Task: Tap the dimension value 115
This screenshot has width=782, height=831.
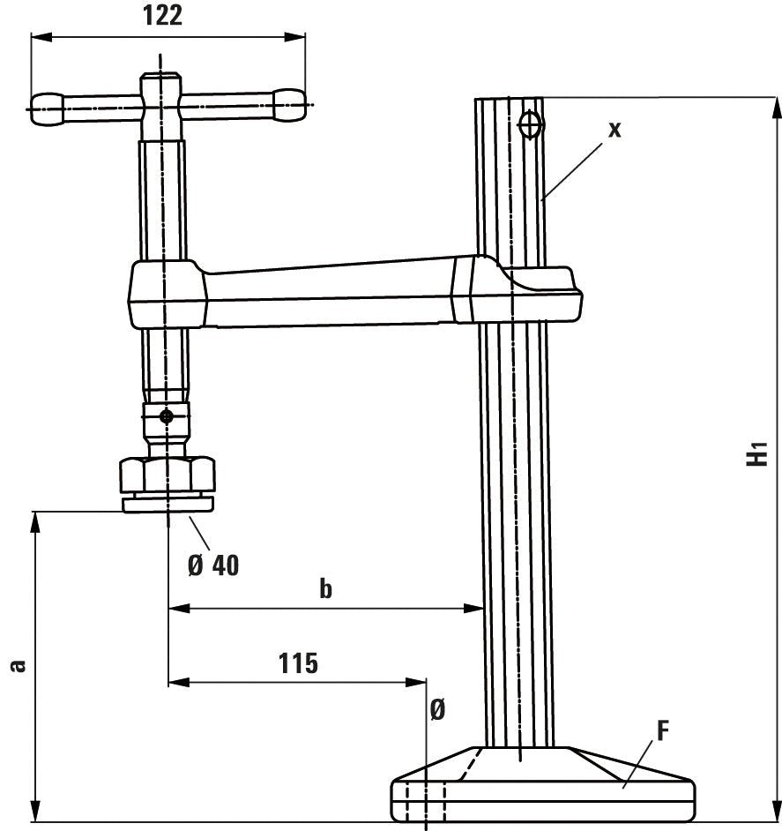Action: coord(298,663)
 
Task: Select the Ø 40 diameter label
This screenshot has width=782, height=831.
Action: coord(213,564)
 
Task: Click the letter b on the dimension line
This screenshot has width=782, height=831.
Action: coord(325,588)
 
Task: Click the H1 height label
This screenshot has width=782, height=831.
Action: coord(756,454)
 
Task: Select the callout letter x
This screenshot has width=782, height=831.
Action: coord(614,129)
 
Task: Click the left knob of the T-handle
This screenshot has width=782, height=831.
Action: coord(48,107)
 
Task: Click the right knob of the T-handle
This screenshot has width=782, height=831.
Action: coord(290,106)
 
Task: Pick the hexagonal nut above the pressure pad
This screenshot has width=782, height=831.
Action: coord(168,475)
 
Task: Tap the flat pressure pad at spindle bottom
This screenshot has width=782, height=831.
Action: coord(168,504)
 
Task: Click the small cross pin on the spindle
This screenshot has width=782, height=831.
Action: coord(166,415)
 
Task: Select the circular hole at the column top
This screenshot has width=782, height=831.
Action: coord(530,125)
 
